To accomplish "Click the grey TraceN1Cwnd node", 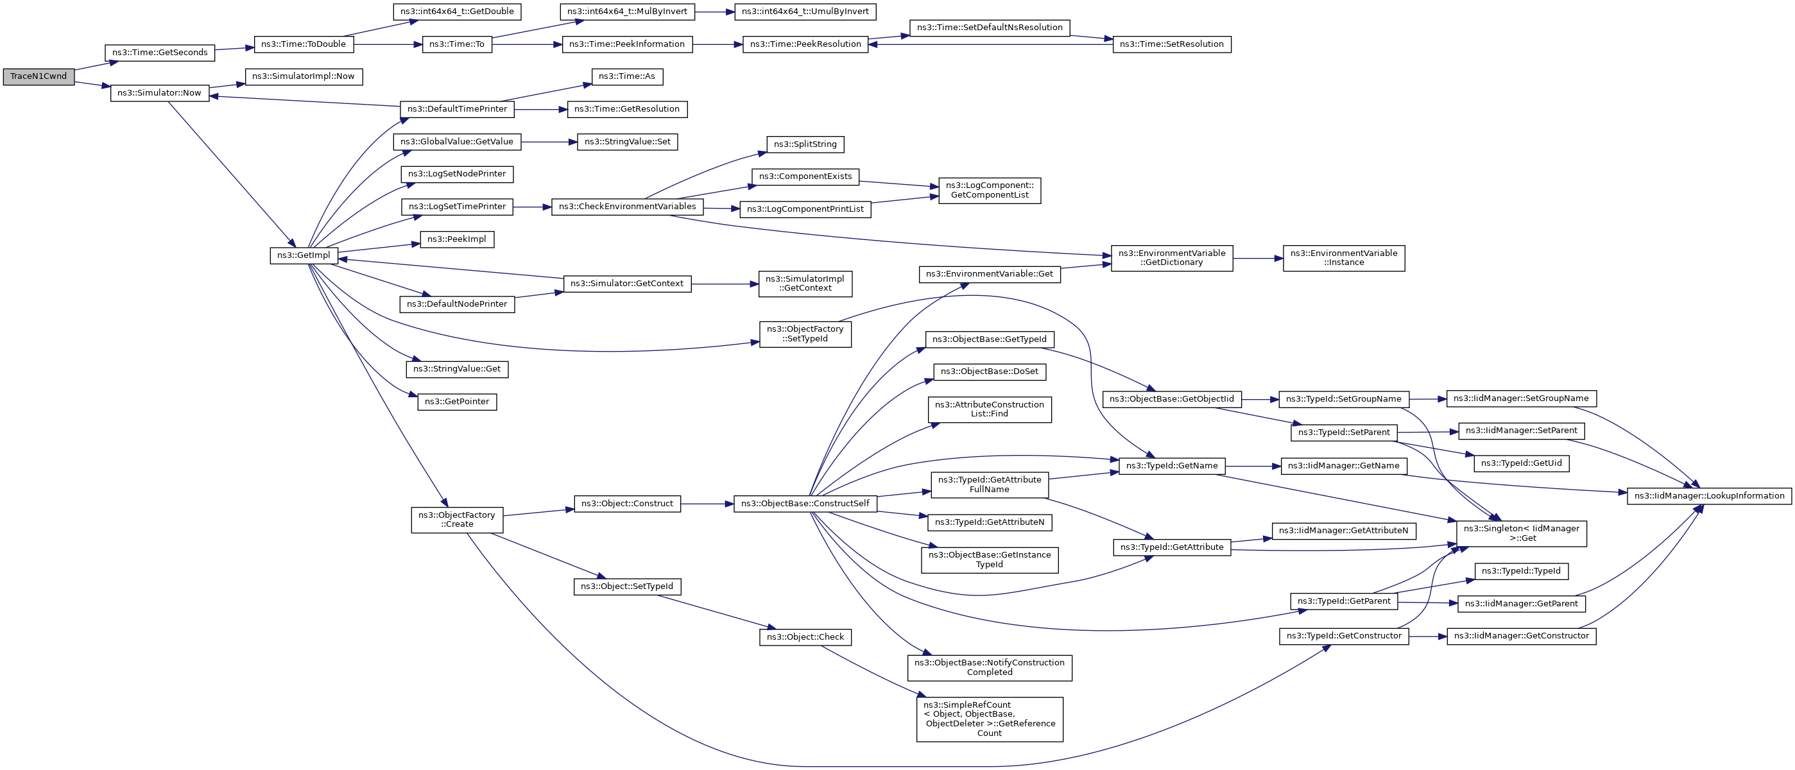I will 39,76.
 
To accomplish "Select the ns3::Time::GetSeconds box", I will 160,53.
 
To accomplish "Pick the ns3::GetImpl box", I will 304,256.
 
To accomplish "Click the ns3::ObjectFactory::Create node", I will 456,520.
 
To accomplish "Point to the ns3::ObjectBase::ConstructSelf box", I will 805,504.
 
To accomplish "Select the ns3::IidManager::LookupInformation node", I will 1708,496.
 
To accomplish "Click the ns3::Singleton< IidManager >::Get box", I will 1521,534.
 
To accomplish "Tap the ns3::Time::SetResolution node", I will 1171,45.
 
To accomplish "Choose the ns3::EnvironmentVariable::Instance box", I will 1343,259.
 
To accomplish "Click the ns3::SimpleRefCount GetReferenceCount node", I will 990,719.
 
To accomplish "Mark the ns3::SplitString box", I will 805,144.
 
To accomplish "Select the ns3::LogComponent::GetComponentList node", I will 990,190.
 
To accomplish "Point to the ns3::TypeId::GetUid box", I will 1521,463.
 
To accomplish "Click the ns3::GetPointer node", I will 456,402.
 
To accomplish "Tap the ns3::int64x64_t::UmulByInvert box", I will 805,12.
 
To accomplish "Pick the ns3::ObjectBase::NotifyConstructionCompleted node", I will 990,667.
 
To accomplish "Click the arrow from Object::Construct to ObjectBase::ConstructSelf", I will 707,504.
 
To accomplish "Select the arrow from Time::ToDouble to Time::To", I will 388,45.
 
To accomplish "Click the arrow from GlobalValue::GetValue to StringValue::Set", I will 549,142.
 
